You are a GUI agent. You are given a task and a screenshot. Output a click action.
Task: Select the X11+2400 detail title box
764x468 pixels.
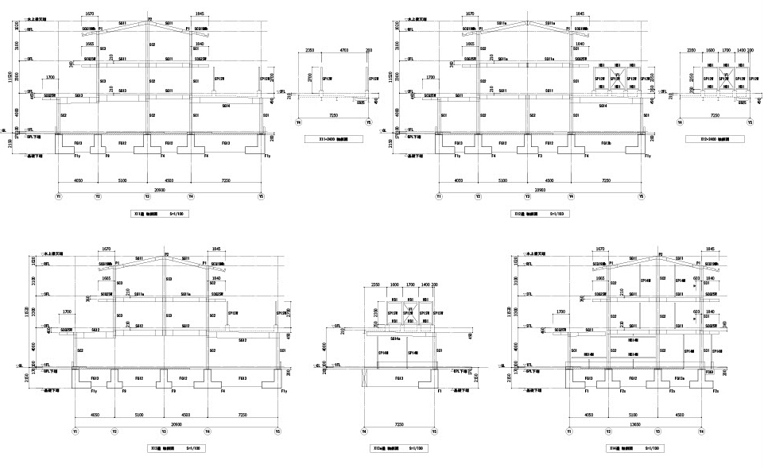(x=336, y=138)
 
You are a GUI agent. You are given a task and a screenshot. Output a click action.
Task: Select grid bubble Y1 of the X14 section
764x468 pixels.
(x=569, y=432)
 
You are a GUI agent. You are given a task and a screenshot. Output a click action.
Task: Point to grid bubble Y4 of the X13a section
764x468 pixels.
(x=365, y=432)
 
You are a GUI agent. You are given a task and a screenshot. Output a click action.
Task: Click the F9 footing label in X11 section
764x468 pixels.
(x=107, y=157)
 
